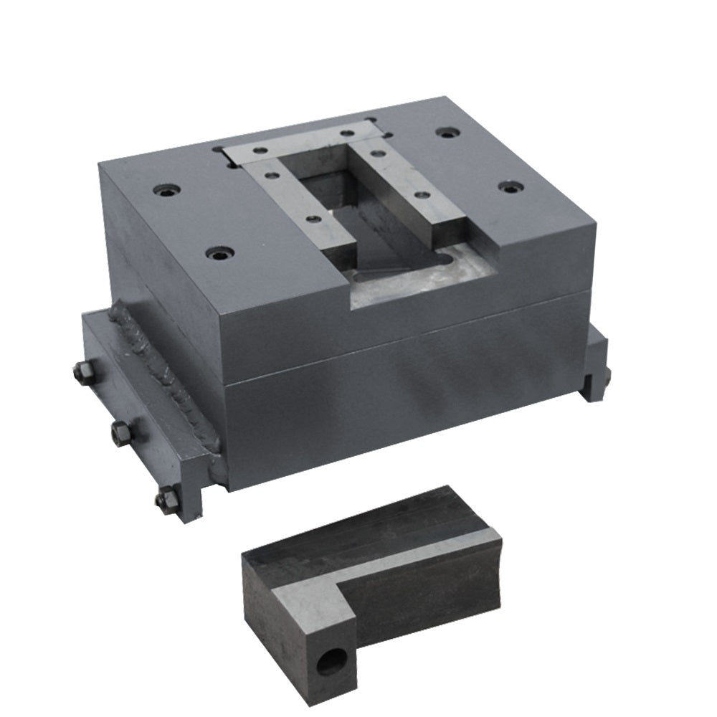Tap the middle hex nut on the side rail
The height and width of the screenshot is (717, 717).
click(120, 432)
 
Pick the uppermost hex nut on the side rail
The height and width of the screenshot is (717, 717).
click(82, 372)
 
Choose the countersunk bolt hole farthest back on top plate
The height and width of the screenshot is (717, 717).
click(448, 133)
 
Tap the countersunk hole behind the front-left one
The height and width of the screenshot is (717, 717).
click(166, 191)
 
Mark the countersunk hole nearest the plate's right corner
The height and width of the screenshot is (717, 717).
click(510, 187)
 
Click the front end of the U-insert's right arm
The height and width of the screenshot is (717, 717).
click(451, 228)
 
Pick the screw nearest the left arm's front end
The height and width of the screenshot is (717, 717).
click(310, 220)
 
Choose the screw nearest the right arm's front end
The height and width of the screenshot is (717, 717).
click(422, 195)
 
